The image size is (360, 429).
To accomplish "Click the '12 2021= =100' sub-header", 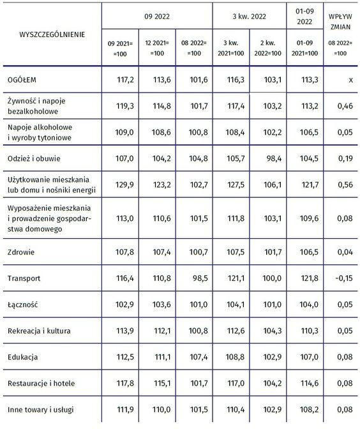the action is (156, 49).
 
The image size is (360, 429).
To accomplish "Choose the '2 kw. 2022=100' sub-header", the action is (268, 49).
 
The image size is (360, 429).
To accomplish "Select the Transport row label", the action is (25, 279).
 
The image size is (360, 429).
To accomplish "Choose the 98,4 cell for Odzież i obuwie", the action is (268, 156).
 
